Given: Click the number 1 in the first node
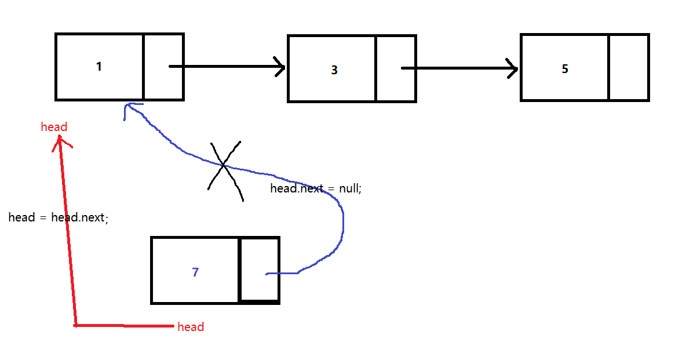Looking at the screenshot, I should pos(99,67).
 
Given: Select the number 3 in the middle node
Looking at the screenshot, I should pos(334,70).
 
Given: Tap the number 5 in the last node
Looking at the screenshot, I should pos(565,68).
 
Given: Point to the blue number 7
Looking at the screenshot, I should pos(195,272).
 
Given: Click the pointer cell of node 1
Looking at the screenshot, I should pos(163,67).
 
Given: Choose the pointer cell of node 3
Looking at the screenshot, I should pos(396,68).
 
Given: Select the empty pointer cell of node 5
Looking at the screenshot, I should pos(629,67).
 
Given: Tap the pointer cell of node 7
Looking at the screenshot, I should pos(259,270).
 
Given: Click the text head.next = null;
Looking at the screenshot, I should pos(316,188).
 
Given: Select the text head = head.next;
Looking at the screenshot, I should pos(59,218).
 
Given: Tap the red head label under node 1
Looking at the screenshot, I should pos(54,127).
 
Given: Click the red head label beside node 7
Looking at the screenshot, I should pos(191,327).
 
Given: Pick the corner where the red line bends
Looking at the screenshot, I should pos(76,325).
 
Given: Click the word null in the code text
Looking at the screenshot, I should pos(349,188).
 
